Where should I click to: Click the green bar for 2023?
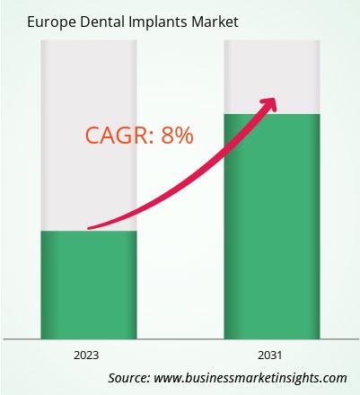(x=89, y=285)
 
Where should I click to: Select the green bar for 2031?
(x=272, y=226)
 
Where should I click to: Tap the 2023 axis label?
(x=86, y=355)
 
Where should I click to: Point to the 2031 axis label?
(x=270, y=355)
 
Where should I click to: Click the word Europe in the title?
(x=51, y=22)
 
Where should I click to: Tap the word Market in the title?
(x=215, y=22)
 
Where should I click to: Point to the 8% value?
(x=177, y=136)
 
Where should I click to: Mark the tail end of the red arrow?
(x=89, y=228)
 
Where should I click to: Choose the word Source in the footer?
(x=129, y=378)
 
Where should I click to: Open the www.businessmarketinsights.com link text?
(x=250, y=378)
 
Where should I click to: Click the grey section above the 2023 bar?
(x=89, y=136)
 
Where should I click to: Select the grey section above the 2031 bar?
(x=272, y=77)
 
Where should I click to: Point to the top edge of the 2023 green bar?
(x=89, y=231)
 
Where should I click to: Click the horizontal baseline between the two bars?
(x=180, y=339)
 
